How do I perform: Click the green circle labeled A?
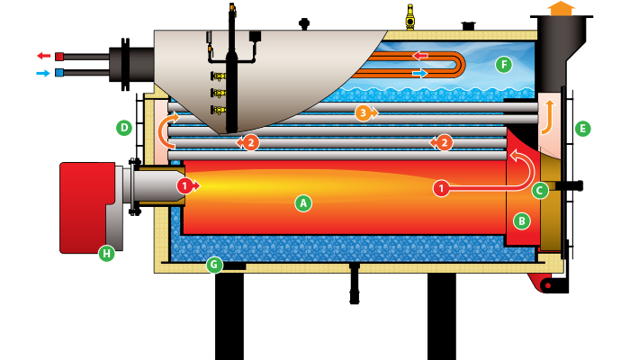pos(303,203)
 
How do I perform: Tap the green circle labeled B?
pos(522,220)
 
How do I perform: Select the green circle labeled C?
pos(540,190)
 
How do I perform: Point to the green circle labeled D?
pos(124,128)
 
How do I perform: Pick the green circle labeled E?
pos(582,128)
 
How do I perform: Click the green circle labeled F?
pos(504,65)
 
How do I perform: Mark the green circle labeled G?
pos(214,265)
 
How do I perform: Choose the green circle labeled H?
pos(106,254)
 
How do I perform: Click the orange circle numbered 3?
pos(363,112)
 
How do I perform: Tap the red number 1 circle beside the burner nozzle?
pos(184,185)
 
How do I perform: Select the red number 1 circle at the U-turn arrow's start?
pos(440,189)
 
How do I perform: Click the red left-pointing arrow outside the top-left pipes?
pos(43,56)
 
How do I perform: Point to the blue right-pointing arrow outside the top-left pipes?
pos(43,73)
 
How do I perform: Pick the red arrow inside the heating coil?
pos(420,56)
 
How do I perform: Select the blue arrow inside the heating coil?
pos(420,73)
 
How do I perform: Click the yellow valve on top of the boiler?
pos(410,17)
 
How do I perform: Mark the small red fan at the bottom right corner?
pos(542,283)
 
